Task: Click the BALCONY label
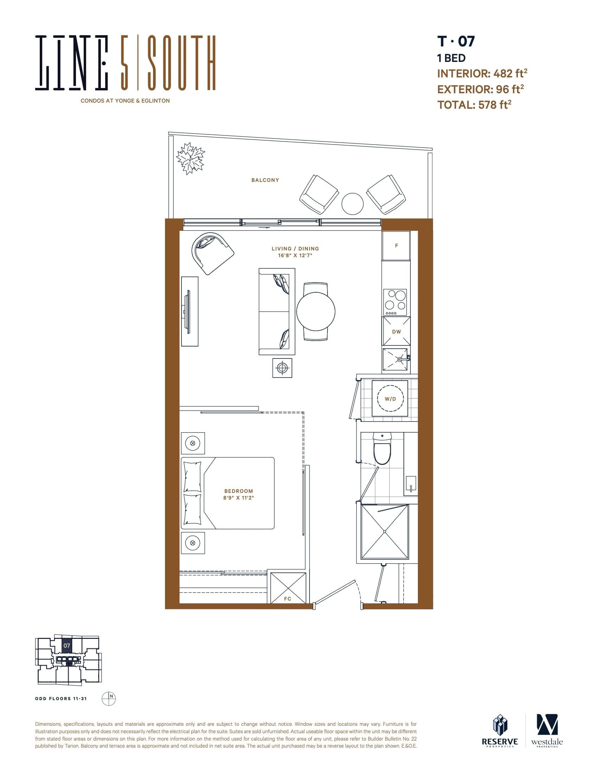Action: [265, 180]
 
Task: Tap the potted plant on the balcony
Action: [191, 158]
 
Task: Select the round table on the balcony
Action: [352, 203]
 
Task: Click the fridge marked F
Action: [396, 245]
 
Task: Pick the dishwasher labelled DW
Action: [396, 332]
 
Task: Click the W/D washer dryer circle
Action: [390, 399]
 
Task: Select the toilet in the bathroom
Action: [382, 449]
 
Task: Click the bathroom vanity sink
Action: [411, 483]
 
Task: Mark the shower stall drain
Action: [384, 532]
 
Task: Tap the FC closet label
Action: [288, 598]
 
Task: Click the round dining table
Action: [316, 311]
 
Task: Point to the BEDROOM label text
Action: [238, 491]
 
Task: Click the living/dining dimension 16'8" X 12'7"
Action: [295, 255]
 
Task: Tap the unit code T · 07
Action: [456, 42]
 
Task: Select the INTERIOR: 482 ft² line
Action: [482, 74]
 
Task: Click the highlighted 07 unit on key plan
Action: [67, 646]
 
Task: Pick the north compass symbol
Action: [108, 698]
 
